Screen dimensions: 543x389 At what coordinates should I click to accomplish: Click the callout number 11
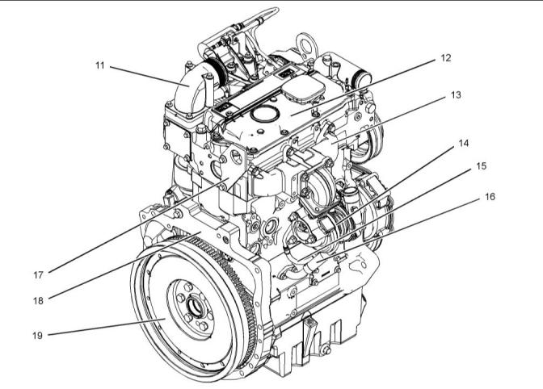99,65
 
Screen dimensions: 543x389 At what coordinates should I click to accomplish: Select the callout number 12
446,58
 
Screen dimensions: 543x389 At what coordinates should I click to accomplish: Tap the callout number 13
456,94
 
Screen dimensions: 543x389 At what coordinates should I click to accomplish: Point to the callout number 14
463,143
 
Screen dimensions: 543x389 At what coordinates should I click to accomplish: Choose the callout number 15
481,166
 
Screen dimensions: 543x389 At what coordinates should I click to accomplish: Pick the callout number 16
490,197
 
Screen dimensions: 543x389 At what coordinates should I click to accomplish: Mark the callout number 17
38,275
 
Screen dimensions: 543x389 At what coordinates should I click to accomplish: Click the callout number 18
38,301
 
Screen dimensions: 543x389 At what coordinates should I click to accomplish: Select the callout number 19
37,335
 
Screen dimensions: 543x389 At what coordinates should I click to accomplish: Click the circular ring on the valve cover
265,115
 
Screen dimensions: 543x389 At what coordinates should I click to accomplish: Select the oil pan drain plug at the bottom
326,350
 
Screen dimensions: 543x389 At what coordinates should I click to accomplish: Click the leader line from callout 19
107,327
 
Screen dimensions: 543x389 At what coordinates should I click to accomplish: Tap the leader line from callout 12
362,88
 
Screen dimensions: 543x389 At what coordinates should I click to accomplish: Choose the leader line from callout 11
150,76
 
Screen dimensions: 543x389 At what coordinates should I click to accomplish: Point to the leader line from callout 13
388,120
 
